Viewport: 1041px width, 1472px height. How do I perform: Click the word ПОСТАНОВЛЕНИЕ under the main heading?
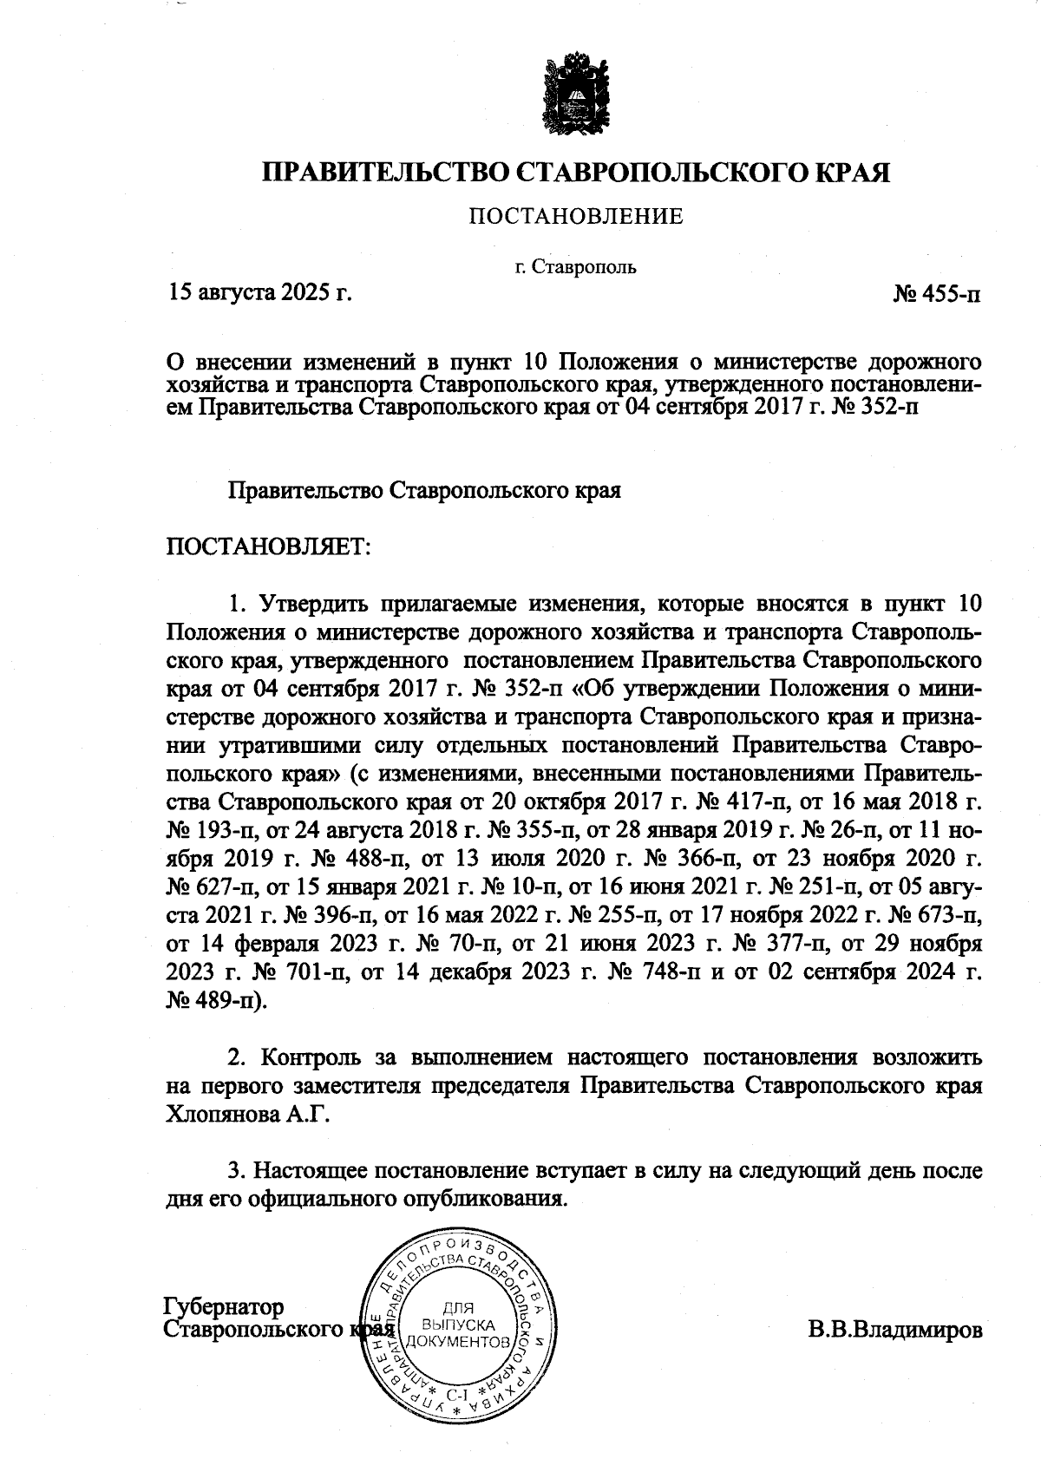tap(576, 217)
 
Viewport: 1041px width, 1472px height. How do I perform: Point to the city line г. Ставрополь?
tap(576, 266)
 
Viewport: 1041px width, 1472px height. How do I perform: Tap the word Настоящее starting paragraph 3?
tap(313, 1170)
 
